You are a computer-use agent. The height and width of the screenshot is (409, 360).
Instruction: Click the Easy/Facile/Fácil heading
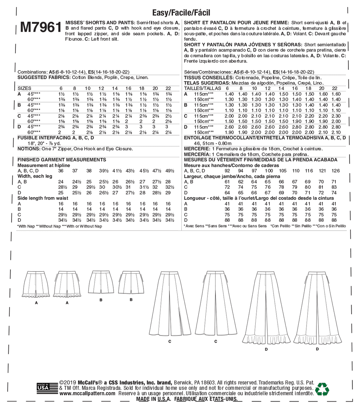tap(181, 13)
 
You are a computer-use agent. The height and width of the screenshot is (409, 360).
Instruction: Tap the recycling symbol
tap(322, 390)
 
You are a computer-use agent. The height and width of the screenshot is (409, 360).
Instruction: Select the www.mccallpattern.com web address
tap(87, 394)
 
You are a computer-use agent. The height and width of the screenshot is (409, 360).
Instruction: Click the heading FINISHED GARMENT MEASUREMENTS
tap(62, 160)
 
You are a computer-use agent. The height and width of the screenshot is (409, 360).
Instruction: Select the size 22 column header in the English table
tap(168, 88)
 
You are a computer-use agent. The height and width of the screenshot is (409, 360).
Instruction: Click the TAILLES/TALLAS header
tap(202, 88)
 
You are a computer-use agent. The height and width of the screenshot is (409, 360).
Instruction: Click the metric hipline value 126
tap(336, 171)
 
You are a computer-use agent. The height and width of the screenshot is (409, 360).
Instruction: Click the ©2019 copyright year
tap(66, 383)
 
